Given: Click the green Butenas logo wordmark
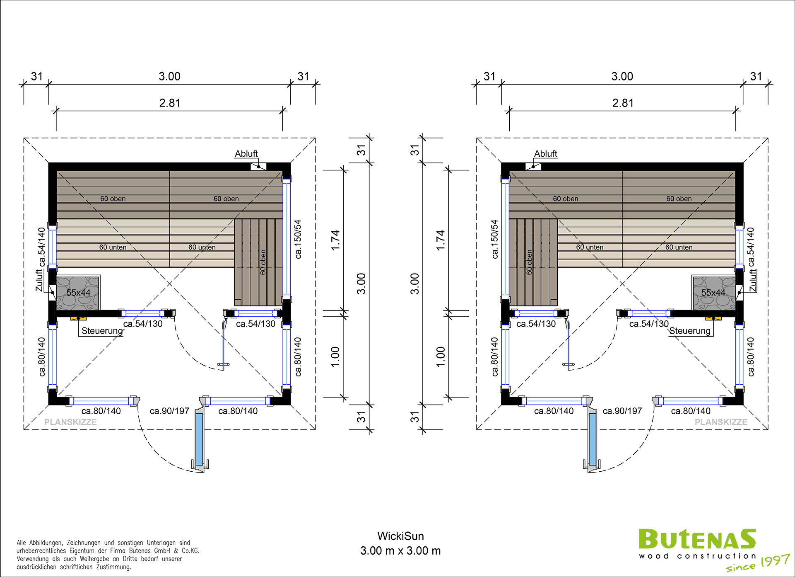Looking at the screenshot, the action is (697, 539).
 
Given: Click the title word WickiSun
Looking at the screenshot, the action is (400, 536).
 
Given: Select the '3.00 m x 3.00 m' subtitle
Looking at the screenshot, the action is (400, 551).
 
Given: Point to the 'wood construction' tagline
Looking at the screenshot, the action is (697, 556).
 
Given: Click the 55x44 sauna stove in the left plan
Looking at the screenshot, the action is (78, 293).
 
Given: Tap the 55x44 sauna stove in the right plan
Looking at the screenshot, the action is (714, 293).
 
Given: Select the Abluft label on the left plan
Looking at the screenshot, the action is (246, 154).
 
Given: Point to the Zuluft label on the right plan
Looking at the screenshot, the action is (753, 280).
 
